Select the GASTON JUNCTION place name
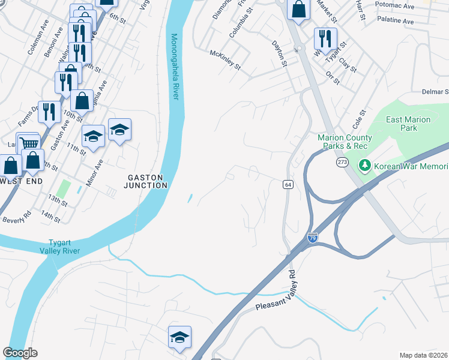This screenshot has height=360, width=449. point(146,181)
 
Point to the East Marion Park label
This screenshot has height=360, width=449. point(408,124)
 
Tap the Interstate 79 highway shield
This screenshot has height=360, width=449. point(312,238)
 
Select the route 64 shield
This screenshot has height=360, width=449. point(288,185)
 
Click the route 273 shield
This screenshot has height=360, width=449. point(342,162)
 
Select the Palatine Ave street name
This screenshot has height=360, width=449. point(396,21)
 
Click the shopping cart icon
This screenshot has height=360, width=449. point(29,143)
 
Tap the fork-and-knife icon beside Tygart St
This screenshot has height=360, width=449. point(325,38)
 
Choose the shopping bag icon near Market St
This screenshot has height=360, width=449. point(298,9)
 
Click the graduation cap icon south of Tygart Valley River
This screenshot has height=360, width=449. point(179,337)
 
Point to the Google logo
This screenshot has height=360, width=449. point(20,353)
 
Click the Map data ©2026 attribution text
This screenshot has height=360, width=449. point(423,355)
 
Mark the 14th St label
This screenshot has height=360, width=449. point(51,217)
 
